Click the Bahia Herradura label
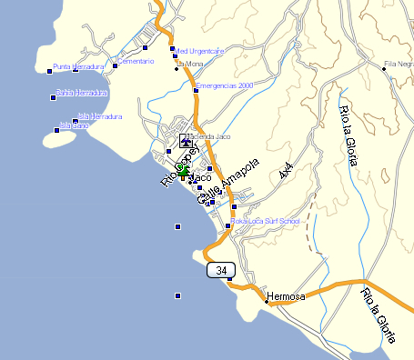tap(82, 93)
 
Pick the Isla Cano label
tap(75, 125)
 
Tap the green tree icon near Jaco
tap(183, 169)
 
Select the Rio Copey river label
tap(179, 165)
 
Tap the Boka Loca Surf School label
tap(265, 220)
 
